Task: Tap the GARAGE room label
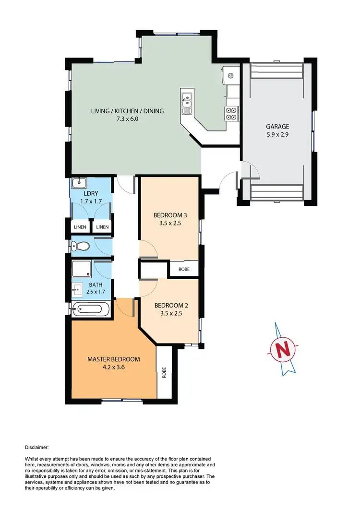pyautogui.click(x=277, y=127)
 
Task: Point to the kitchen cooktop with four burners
pyautogui.click(x=231, y=113)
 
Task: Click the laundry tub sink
pyautogui.click(x=79, y=183)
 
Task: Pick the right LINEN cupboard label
pyautogui.click(x=101, y=227)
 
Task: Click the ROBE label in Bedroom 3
pyautogui.click(x=184, y=270)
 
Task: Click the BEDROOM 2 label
pyautogui.click(x=168, y=305)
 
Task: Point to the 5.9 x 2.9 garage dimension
pyautogui.click(x=277, y=135)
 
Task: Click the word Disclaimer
pyautogui.click(x=36, y=447)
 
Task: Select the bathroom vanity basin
pyautogui.click(x=77, y=290)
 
